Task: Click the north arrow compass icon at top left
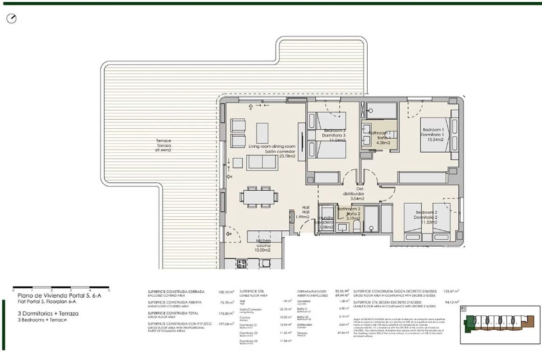tap(12, 19)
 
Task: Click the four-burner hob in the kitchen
tap(241, 264)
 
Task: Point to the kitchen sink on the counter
tap(265, 263)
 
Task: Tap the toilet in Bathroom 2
tap(356, 226)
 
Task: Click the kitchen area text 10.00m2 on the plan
tap(262, 250)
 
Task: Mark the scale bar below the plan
tap(61, 287)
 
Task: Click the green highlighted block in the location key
tap(471, 322)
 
